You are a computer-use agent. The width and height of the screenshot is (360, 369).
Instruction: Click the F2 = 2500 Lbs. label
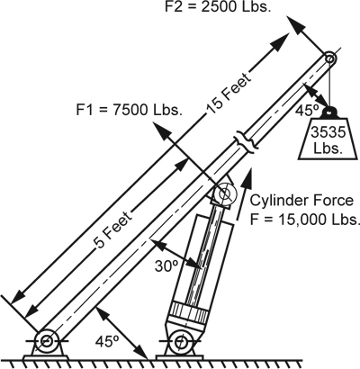click(x=218, y=6)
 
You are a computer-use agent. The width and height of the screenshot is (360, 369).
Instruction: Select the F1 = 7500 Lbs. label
click(x=130, y=110)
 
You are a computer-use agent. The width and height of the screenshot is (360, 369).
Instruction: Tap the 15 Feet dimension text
click(x=229, y=94)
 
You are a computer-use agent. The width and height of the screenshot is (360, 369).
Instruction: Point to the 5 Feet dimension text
click(x=114, y=229)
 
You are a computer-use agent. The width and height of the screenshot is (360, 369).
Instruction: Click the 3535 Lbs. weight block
click(x=328, y=139)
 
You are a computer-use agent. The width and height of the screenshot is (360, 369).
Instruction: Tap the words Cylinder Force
click(x=302, y=201)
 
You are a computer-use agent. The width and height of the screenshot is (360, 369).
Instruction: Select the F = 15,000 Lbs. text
click(x=305, y=220)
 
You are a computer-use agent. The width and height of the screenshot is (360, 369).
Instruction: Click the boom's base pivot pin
click(x=47, y=340)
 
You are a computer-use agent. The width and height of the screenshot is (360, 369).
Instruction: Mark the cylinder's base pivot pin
click(x=180, y=341)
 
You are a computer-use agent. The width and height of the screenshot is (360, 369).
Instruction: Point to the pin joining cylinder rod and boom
click(x=225, y=193)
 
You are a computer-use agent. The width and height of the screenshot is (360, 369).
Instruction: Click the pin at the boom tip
click(x=329, y=58)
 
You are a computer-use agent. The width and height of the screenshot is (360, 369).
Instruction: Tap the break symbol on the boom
click(x=246, y=141)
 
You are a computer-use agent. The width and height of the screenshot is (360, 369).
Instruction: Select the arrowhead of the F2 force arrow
click(x=295, y=24)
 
